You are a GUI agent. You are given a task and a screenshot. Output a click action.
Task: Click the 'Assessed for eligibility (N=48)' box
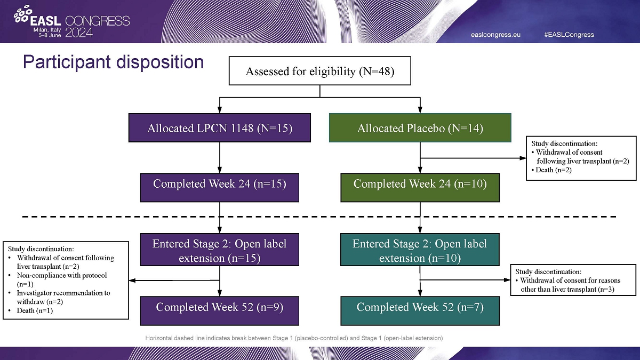tap(320, 71)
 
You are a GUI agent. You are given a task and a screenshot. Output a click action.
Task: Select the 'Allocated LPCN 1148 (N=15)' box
tap(220, 128)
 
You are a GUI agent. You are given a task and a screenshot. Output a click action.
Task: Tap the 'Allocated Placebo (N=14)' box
tap(420, 128)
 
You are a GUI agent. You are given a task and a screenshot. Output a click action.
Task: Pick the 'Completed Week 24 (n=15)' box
tap(220, 185)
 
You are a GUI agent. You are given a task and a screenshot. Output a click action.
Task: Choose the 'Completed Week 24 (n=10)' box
tap(420, 185)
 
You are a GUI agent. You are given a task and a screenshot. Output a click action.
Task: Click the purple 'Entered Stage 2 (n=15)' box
tap(220, 251)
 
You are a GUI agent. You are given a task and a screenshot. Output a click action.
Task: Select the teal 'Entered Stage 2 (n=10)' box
tap(420, 251)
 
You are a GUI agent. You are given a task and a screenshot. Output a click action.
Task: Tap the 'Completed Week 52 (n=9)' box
tap(220, 308)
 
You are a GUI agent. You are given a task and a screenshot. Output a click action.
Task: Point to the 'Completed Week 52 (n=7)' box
tap(420, 308)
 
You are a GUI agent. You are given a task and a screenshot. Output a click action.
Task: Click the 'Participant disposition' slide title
tap(113, 62)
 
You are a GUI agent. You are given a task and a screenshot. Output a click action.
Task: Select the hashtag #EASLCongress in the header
tap(569, 35)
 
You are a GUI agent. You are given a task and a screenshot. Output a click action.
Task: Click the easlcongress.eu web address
tap(495, 35)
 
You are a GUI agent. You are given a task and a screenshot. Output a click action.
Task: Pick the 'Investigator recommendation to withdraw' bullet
tap(63, 297)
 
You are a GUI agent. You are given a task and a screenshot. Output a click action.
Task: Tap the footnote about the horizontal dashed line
tap(294, 338)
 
